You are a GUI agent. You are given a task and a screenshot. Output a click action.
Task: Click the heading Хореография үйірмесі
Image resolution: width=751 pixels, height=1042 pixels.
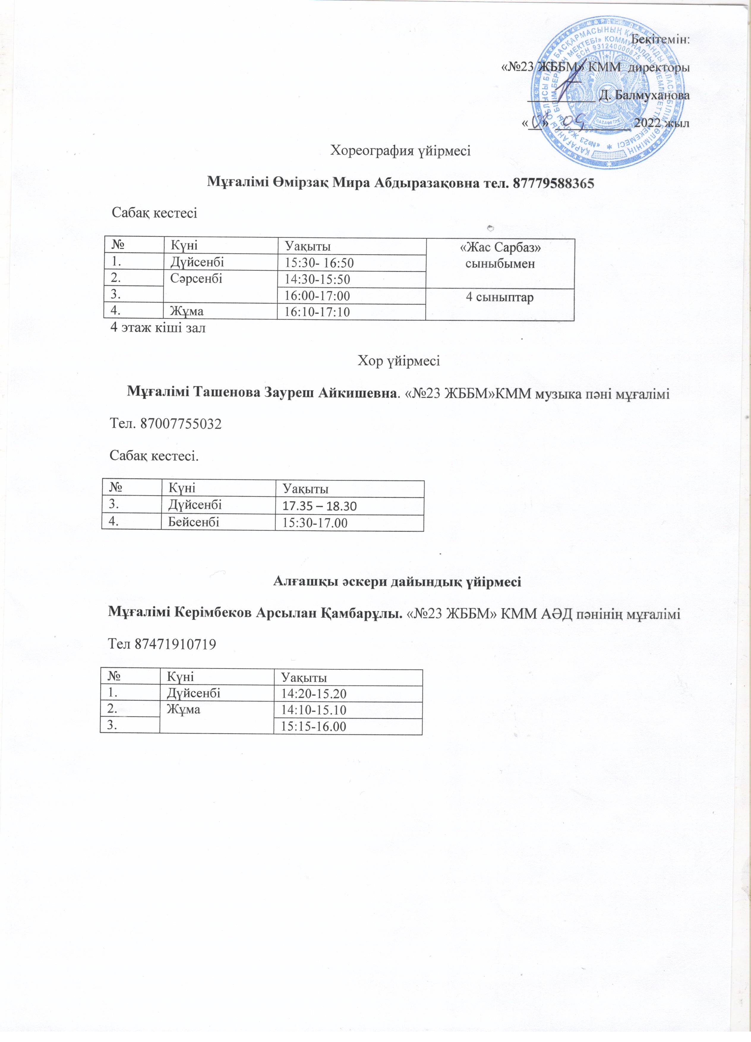tap(400, 151)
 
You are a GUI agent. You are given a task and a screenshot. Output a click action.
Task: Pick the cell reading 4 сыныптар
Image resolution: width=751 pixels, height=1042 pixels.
tap(500, 297)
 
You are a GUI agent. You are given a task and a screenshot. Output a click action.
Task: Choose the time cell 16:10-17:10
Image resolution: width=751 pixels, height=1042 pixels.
tap(317, 312)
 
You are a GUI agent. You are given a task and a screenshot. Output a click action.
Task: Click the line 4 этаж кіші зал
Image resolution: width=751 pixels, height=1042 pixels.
tap(158, 328)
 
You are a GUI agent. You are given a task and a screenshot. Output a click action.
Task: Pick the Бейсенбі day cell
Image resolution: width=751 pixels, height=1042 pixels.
tap(193, 522)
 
